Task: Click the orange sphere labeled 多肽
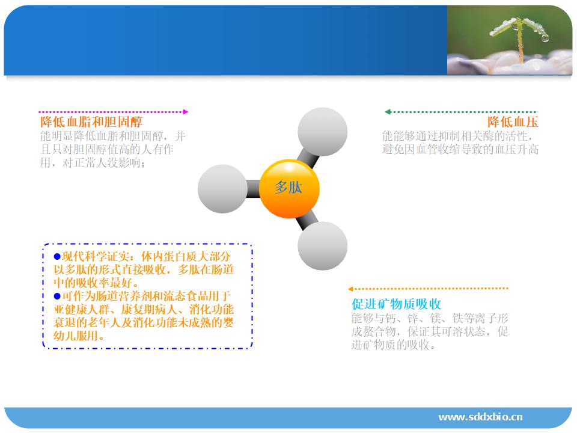click(x=290, y=188)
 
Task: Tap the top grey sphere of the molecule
click(x=322, y=132)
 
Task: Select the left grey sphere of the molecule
click(x=222, y=188)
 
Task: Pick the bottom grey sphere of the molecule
click(x=322, y=245)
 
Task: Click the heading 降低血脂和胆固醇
click(x=91, y=122)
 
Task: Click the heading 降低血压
click(x=513, y=122)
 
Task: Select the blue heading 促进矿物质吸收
click(x=396, y=304)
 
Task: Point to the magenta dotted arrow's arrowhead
click(x=186, y=112)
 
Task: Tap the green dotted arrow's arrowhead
click(x=388, y=112)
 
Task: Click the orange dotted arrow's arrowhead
click(x=350, y=289)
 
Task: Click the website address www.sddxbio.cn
click(x=481, y=417)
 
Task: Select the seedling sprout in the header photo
click(x=519, y=37)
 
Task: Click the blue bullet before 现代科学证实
click(x=57, y=256)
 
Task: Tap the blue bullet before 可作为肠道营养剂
click(x=57, y=296)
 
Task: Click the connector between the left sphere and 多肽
click(x=253, y=188)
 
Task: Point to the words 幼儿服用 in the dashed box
click(x=76, y=336)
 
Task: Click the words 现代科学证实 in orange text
click(x=96, y=256)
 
